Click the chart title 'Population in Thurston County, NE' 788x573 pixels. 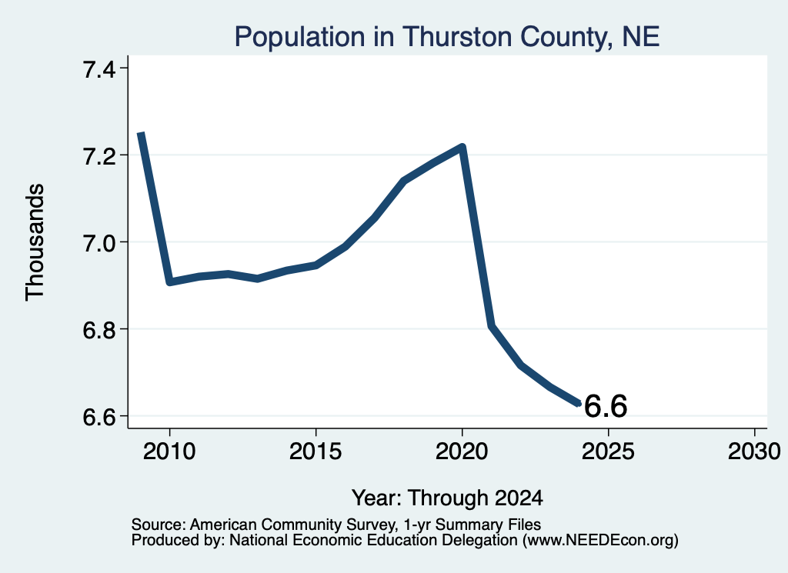click(447, 37)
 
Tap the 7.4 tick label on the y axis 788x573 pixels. click(99, 69)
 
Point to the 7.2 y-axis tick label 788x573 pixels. click(99, 156)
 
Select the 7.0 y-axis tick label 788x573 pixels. click(99, 243)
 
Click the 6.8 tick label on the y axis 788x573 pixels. click(99, 330)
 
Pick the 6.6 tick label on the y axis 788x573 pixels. click(99, 417)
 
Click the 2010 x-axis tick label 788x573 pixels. click(169, 451)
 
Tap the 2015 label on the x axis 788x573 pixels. click(316, 451)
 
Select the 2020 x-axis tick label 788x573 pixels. click(462, 451)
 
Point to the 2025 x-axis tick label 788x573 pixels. click(608, 451)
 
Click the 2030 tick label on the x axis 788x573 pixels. click(754, 451)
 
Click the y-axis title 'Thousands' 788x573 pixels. click(35, 242)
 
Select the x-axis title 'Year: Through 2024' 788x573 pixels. click(447, 498)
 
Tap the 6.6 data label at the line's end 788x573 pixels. click(606, 406)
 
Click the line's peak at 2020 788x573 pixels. click(462, 147)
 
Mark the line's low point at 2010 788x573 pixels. click(169, 282)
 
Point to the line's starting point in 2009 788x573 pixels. click(141, 133)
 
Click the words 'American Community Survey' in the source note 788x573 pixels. click(292, 525)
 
